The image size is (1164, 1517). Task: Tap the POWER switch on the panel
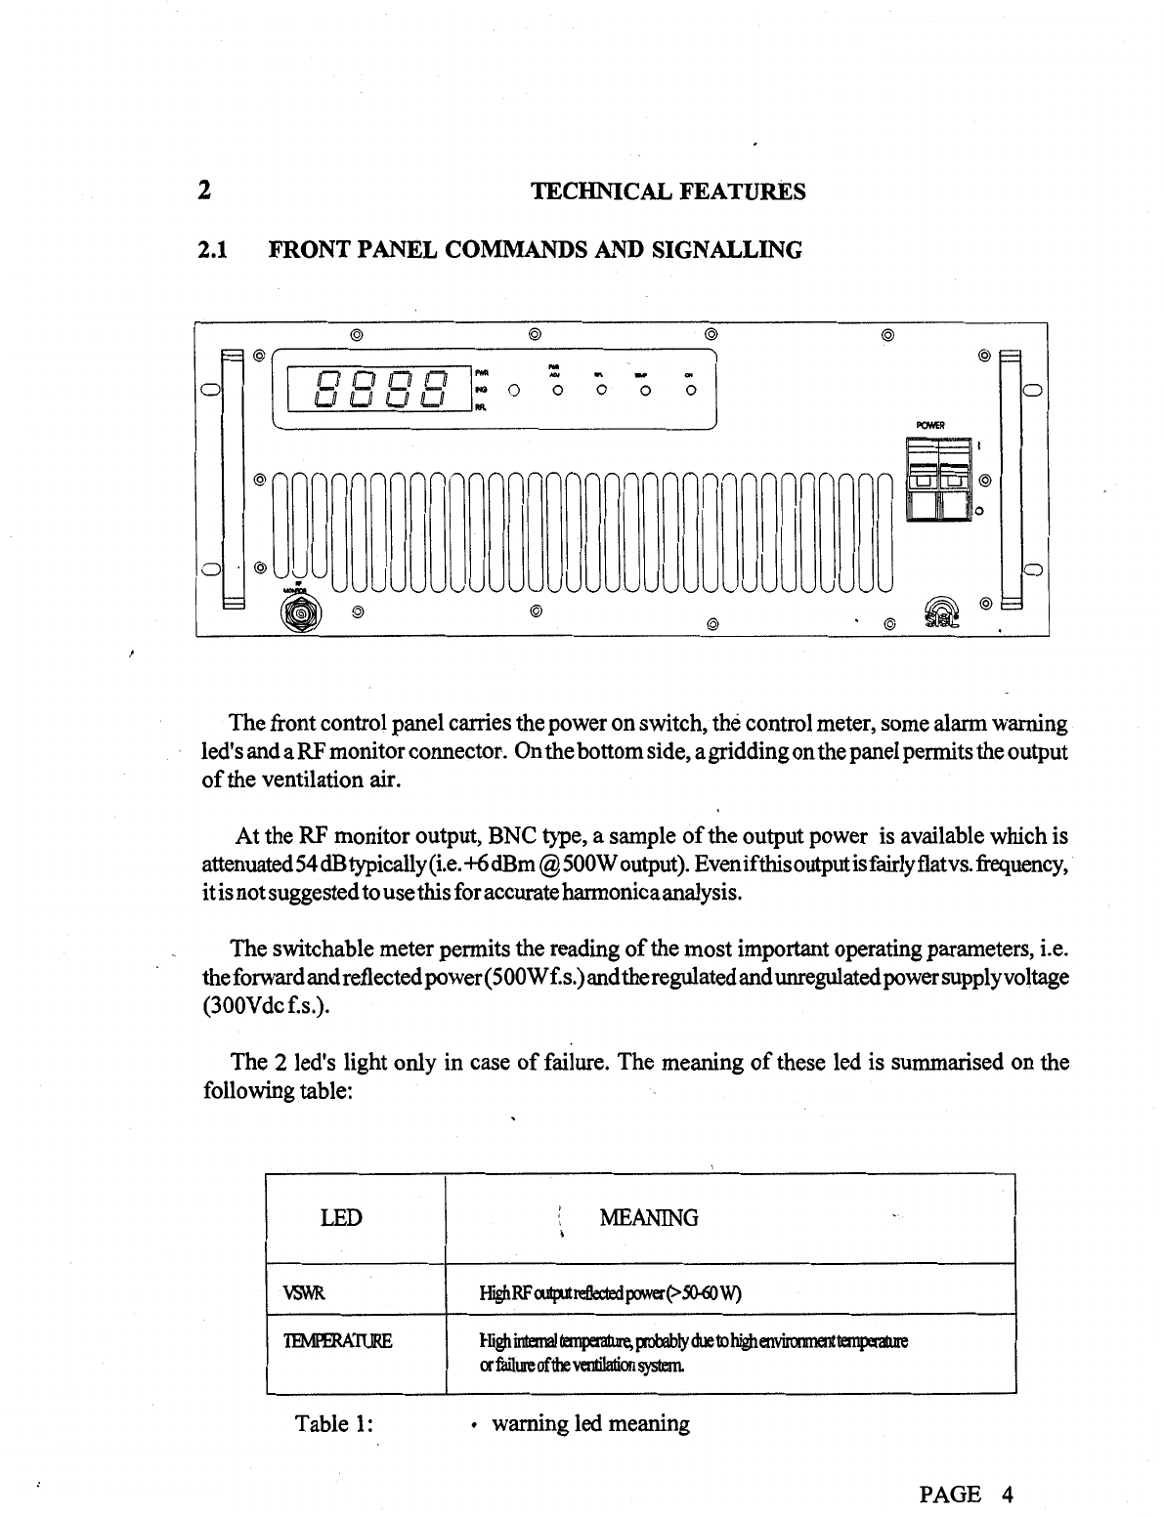[938, 479]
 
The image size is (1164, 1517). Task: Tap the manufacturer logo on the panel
[943, 612]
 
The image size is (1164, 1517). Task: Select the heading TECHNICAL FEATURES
[668, 191]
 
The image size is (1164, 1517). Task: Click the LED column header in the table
[341, 1218]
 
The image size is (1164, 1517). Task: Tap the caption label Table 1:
[336, 1424]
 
